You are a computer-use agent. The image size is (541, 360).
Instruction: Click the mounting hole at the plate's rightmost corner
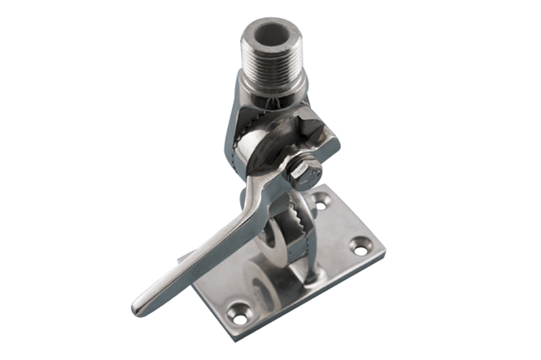click(x=361, y=245)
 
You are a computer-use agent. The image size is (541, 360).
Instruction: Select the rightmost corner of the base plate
click(x=383, y=249)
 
